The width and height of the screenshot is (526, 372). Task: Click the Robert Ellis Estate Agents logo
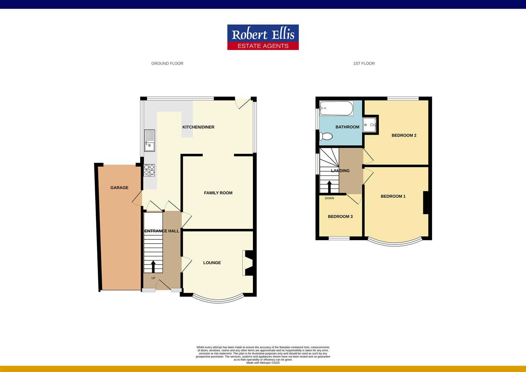pyautogui.click(x=263, y=37)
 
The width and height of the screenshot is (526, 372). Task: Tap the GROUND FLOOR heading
pyautogui.click(x=167, y=63)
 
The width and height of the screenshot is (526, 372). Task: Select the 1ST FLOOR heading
pyautogui.click(x=364, y=63)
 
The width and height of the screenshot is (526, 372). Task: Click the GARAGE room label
pyautogui.click(x=119, y=188)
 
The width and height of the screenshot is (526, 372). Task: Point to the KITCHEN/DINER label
pyautogui.click(x=198, y=127)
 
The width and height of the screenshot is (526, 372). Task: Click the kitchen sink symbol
pyautogui.click(x=150, y=141)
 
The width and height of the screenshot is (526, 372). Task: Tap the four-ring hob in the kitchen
pyautogui.click(x=149, y=170)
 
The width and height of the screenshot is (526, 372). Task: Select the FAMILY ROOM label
pyautogui.click(x=218, y=193)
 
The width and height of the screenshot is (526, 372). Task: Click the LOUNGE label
pyautogui.click(x=212, y=263)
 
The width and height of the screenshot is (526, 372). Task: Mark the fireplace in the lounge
pyautogui.click(x=248, y=263)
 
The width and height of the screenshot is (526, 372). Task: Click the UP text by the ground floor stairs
pyautogui.click(x=153, y=278)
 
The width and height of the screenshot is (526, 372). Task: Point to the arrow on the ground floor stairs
pyautogui.click(x=153, y=266)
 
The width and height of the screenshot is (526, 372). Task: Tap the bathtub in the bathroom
pyautogui.click(x=336, y=108)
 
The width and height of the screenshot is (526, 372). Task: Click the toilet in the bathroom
pyautogui.click(x=326, y=137)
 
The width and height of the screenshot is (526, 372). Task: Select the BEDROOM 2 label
pyautogui.click(x=404, y=135)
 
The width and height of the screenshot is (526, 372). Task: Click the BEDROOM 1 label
pyautogui.click(x=393, y=196)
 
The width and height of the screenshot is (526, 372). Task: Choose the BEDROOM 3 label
pyautogui.click(x=340, y=217)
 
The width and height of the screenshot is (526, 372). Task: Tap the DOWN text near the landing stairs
pyautogui.click(x=329, y=198)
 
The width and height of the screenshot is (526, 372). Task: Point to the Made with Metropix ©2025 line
pyautogui.click(x=263, y=363)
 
